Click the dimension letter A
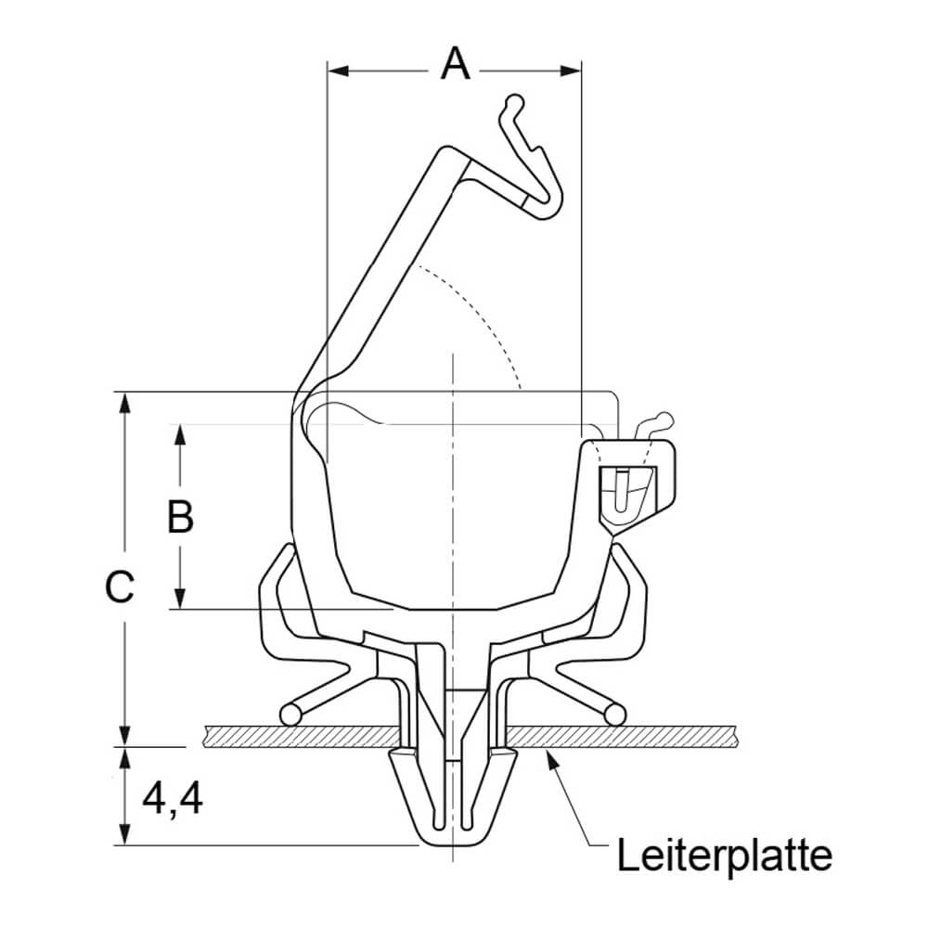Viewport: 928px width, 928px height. (455, 64)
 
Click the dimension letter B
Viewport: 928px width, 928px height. (181, 516)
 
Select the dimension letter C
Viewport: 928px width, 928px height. (120, 587)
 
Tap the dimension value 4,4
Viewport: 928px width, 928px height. (173, 799)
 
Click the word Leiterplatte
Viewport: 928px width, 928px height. (725, 856)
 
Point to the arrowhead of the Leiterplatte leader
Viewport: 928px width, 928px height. (552, 759)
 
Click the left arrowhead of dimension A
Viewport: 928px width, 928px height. (339, 71)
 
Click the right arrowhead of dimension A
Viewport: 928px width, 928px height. (570, 71)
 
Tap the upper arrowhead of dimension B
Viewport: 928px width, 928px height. (181, 435)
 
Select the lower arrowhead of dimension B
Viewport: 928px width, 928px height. (181, 597)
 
